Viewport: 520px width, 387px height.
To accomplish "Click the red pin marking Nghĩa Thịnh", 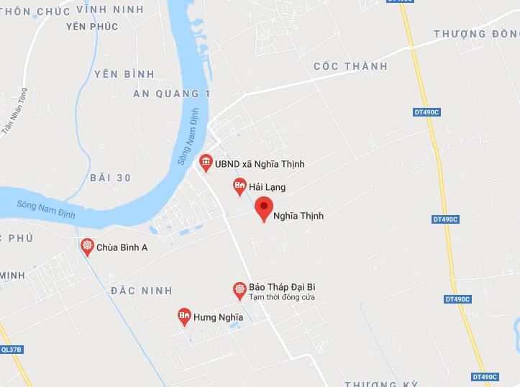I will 264,209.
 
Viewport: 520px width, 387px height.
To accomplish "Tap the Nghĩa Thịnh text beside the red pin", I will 298,215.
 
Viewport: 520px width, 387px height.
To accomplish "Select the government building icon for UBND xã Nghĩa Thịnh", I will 206,163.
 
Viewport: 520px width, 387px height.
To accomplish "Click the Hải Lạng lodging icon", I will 240,186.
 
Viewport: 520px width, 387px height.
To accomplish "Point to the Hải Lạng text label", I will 268,187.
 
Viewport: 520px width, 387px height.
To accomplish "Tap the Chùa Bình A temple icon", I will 87,247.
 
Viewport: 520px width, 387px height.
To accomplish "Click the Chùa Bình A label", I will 122,247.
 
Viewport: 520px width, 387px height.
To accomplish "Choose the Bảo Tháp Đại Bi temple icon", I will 240,290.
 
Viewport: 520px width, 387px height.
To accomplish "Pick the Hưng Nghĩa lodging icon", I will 184,316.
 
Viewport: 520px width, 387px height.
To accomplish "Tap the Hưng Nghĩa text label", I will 219,317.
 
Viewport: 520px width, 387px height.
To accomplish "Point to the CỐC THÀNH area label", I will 351,66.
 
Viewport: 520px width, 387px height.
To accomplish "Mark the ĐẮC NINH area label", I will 142,291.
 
